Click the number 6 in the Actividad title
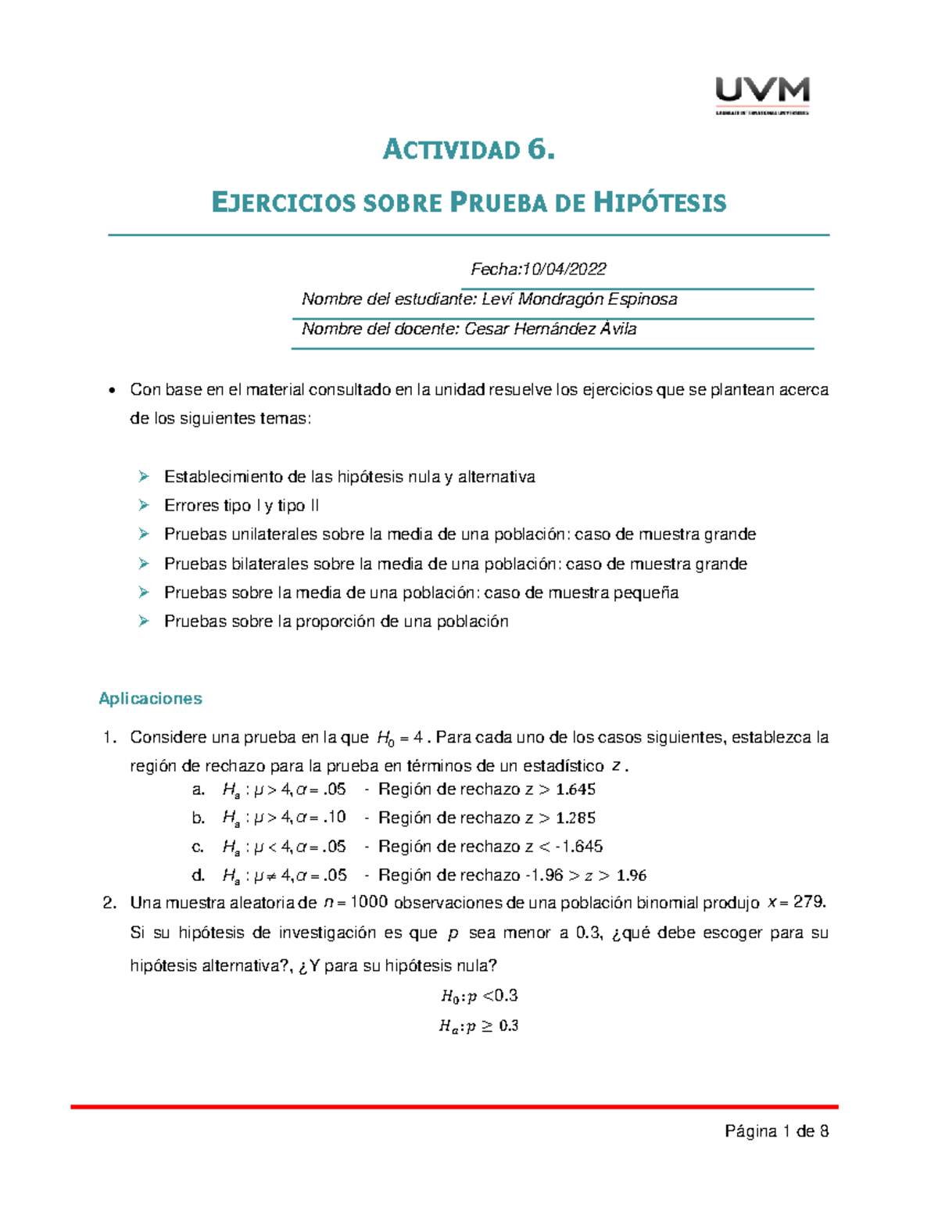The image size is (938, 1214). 538,149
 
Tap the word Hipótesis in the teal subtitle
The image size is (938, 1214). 660,203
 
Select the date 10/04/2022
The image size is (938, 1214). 564,269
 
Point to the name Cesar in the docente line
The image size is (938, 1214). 484,328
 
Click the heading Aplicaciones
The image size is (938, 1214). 150,698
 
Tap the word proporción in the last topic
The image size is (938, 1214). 335,621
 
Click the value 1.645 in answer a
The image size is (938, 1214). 575,790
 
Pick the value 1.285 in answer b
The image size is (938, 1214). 575,818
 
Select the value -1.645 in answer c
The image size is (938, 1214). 578,847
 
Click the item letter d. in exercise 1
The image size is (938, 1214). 198,875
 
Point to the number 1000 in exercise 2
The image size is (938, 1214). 368,902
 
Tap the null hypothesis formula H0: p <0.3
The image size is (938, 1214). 478,996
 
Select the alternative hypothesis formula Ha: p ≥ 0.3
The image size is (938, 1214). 478,1026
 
